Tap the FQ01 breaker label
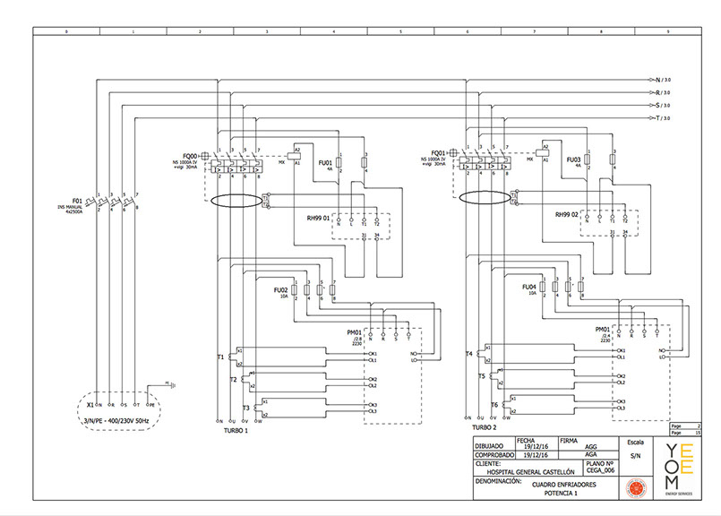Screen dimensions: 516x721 coord(438,153)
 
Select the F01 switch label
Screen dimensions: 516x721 coord(77,201)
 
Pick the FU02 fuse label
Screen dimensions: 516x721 coord(279,290)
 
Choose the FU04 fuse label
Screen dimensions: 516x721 coord(528,287)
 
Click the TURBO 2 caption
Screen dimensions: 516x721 coord(482,428)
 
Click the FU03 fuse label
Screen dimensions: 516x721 coord(574,160)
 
